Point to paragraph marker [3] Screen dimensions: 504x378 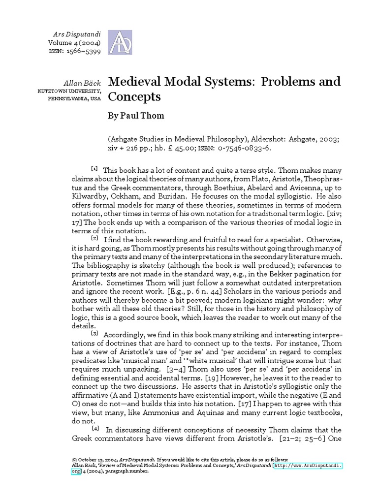pos(94,333)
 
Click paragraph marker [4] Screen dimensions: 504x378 pos(94,427)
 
